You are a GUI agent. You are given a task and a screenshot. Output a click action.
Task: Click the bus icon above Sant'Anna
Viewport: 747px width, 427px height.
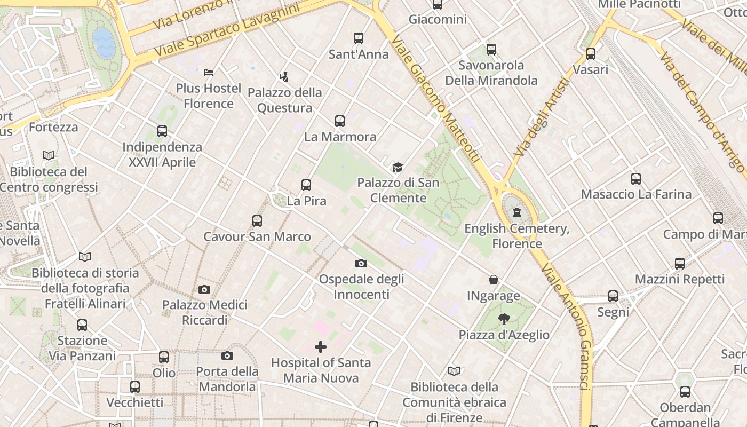coord(359,38)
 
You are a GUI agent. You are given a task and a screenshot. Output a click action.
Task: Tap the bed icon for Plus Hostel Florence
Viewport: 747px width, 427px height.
coord(209,72)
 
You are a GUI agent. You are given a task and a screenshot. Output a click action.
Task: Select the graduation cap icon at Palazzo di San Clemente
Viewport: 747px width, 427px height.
coord(398,167)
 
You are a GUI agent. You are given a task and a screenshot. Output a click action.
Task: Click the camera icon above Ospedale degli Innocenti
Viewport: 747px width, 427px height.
coord(361,263)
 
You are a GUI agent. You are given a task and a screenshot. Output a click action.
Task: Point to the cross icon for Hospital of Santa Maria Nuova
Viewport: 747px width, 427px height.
coord(321,347)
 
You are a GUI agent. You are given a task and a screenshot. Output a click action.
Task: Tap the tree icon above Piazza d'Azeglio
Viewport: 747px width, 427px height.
coord(504,319)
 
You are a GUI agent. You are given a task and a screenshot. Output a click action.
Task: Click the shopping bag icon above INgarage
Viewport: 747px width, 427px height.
coord(494,280)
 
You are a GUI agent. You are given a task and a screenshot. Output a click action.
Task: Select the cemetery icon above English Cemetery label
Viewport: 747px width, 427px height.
coord(516,212)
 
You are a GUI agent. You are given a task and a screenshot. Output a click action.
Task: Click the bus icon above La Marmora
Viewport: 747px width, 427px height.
coord(340,121)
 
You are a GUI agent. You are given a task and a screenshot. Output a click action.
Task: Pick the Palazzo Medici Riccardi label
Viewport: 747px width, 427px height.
coord(205,312)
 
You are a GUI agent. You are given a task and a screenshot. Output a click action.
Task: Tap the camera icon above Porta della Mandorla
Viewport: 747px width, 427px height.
coord(227,355)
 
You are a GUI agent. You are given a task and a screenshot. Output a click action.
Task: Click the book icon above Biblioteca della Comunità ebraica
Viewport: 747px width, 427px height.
coord(454,371)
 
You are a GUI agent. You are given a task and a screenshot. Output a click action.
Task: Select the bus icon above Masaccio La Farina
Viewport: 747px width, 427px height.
coord(636,179)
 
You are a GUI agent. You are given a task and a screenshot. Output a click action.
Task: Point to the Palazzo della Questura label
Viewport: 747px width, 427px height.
coord(285,100)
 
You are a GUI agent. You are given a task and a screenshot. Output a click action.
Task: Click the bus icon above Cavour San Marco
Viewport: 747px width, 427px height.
coord(257,221)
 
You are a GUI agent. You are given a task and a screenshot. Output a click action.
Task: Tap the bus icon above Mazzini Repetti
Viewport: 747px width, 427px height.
coord(680,264)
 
